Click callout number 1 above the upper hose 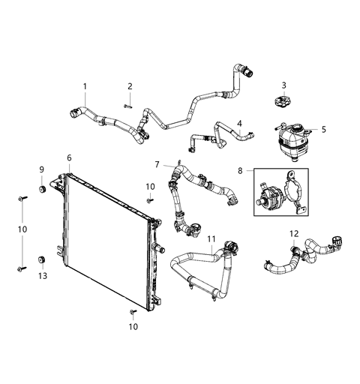point(85,86)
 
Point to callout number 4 point(239,123)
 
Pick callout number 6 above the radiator point(69,158)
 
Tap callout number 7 point(157,164)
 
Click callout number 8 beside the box point(240,171)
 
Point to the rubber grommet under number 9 point(43,193)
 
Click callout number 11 point(211,241)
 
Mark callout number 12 point(295,233)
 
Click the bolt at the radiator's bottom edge point(131,311)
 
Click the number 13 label point(42,276)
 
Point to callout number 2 point(129,86)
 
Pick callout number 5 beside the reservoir point(323,129)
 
